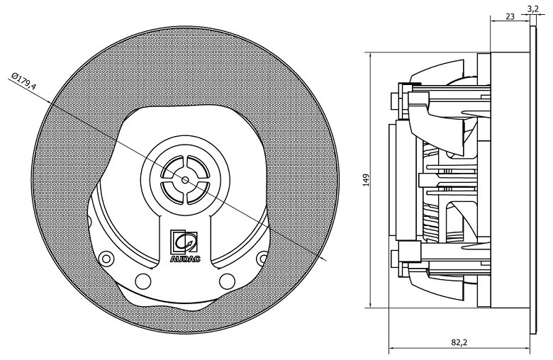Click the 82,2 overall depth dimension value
pyautogui.click(x=459, y=342)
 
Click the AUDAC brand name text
pyautogui.click(x=185, y=259)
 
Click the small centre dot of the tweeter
pyautogui.click(x=185, y=179)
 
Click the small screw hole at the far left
pyautogui.click(x=107, y=256)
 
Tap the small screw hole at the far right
pyautogui.click(x=263, y=256)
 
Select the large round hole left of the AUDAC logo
pyautogui.click(x=143, y=281)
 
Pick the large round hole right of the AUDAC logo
pyautogui.click(x=228, y=281)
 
